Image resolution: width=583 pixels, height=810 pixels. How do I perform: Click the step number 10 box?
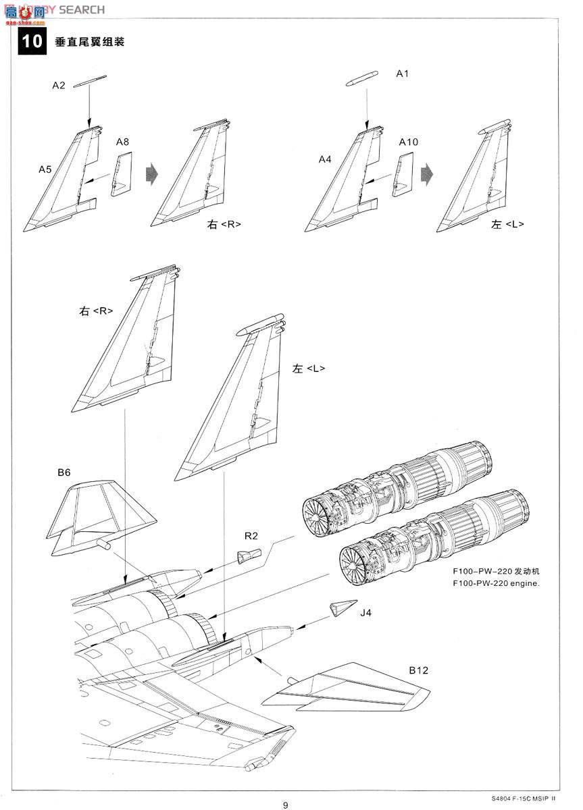tap(32, 41)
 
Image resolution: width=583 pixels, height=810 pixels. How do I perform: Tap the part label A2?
tap(59, 85)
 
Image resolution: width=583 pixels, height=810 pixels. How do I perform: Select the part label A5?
tap(45, 169)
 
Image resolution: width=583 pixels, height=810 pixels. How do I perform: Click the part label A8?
tap(122, 142)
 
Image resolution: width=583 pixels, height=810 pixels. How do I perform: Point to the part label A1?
tap(403, 73)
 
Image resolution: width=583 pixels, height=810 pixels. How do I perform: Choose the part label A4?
tap(325, 159)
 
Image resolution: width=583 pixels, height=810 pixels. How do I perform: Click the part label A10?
tap(409, 142)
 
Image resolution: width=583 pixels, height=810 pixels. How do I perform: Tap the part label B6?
tap(64, 473)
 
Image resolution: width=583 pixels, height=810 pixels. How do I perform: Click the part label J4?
tap(366, 613)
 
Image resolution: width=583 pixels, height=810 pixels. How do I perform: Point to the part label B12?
tap(418, 670)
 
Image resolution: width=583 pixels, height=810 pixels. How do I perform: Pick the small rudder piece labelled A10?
tap(403, 173)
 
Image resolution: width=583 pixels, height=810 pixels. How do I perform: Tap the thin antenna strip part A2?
tap(89, 81)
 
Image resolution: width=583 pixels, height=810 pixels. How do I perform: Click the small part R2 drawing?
tap(249, 556)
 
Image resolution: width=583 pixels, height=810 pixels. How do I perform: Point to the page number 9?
tap(286, 804)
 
